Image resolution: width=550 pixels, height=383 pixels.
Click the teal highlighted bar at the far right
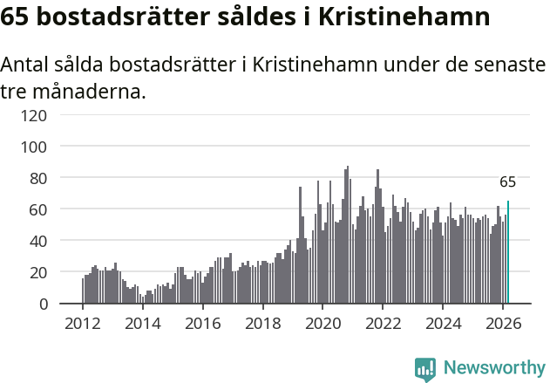(x=508, y=253)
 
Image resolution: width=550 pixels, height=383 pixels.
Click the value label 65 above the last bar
(x=507, y=182)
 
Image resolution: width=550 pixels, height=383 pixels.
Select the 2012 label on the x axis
(x=83, y=323)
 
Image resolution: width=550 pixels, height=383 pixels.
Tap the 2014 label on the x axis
(x=143, y=323)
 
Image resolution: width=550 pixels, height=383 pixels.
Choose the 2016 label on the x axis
(x=202, y=323)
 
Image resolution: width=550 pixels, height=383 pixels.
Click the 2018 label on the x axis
(x=262, y=323)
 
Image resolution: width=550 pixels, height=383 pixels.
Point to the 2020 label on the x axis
(x=323, y=323)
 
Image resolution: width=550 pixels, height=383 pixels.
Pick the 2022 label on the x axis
(x=383, y=323)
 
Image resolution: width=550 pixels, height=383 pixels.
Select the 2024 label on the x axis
(x=443, y=323)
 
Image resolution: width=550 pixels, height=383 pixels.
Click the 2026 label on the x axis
(x=503, y=323)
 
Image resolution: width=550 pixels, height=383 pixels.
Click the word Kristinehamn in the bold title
(x=396, y=17)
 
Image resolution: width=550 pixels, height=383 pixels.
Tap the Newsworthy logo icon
(x=425, y=369)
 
